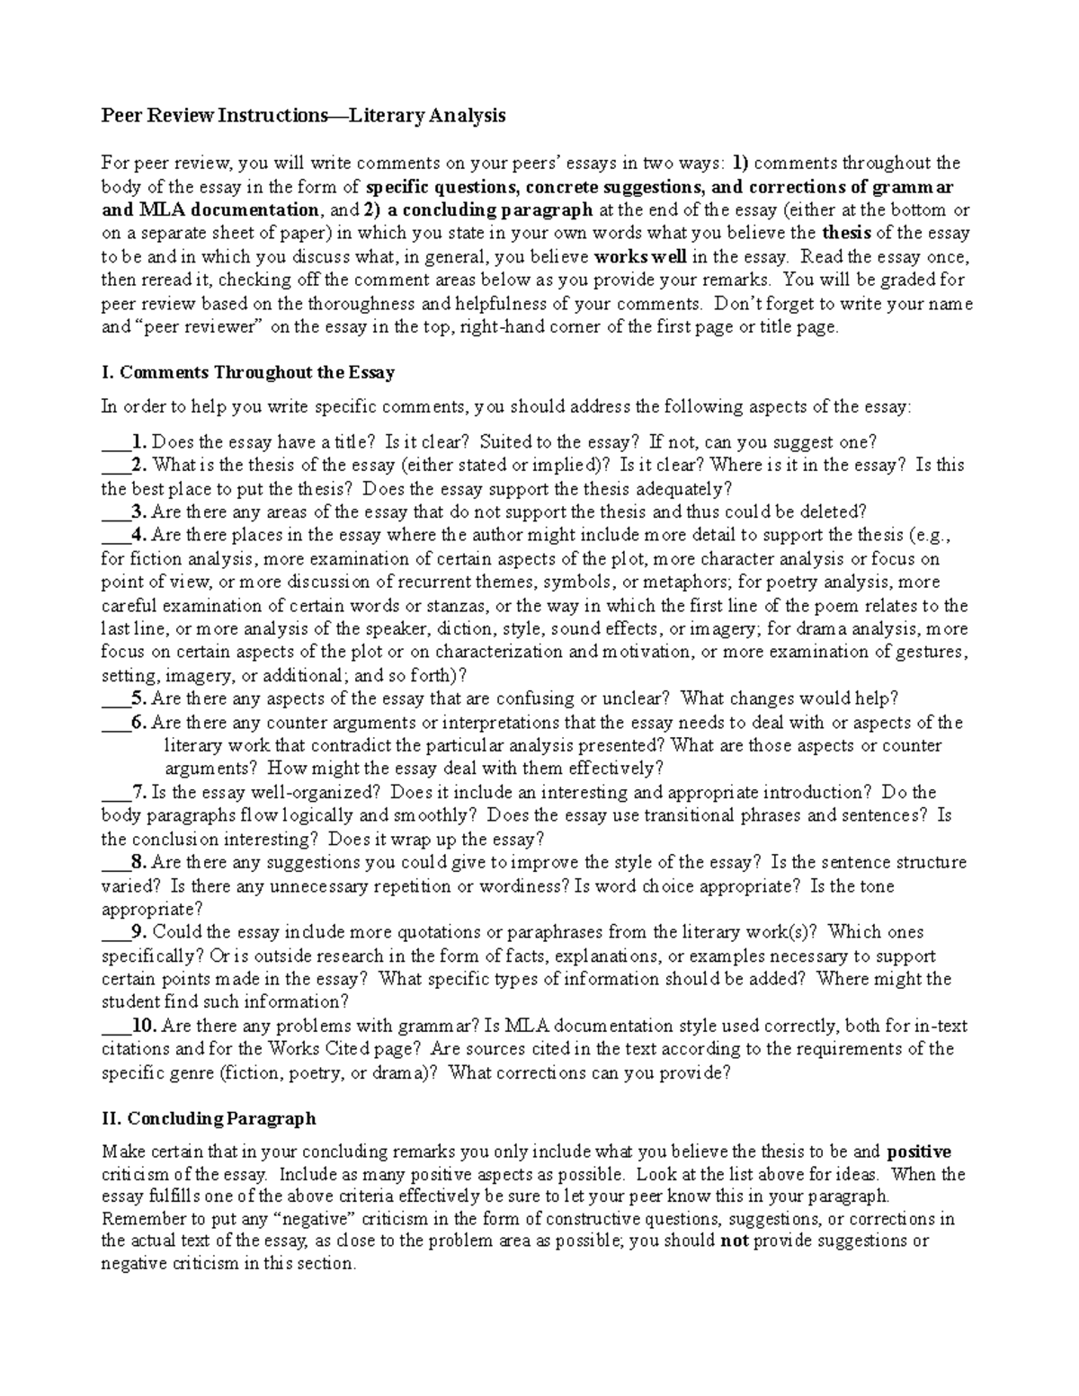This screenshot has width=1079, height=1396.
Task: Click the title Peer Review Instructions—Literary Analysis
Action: point(303,115)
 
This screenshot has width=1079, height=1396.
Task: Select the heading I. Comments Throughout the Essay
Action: point(248,372)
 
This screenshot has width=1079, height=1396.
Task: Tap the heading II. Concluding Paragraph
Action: point(209,1118)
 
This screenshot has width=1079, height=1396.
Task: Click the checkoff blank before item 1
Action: point(115,444)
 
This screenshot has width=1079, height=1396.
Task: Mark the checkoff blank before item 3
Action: point(115,514)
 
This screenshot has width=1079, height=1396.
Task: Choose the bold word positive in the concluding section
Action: point(918,1151)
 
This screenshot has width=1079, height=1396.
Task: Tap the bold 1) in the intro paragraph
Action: point(739,163)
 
